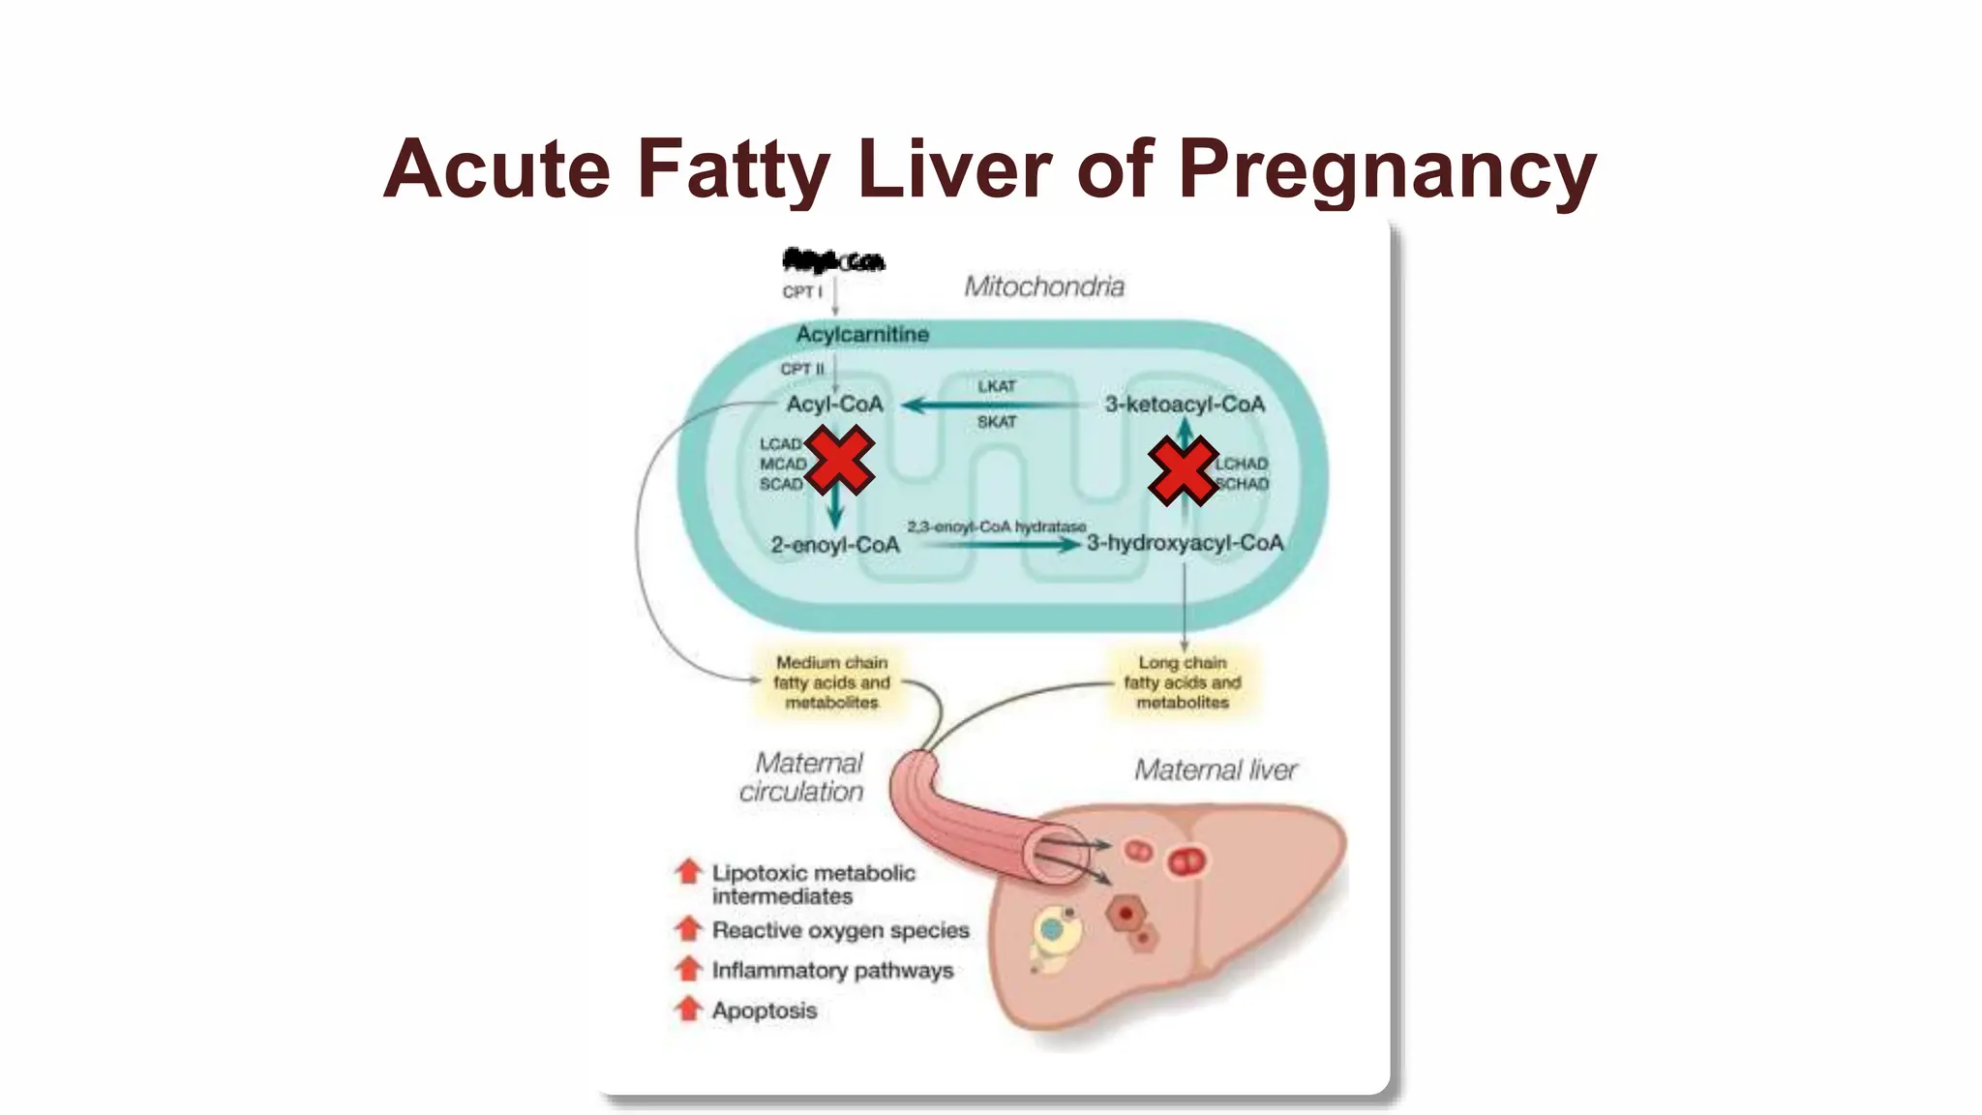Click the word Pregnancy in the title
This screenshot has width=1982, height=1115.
click(x=1386, y=170)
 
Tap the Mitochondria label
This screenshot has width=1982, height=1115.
click(x=1044, y=286)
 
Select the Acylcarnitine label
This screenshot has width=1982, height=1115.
click(x=862, y=335)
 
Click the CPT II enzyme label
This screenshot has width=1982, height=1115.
click(x=802, y=370)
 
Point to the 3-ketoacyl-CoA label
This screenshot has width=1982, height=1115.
click(x=1185, y=405)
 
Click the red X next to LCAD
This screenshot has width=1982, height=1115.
click(x=839, y=462)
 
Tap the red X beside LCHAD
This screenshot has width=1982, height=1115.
click(x=1182, y=470)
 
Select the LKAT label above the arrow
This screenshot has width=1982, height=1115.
click(x=996, y=386)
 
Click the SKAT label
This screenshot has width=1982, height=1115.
click(x=996, y=422)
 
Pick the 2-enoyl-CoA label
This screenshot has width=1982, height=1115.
click(x=835, y=545)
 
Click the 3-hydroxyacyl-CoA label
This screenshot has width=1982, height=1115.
click(x=1185, y=543)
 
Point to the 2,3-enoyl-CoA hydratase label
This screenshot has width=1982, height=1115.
click(x=996, y=527)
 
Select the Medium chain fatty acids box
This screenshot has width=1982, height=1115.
click(x=831, y=682)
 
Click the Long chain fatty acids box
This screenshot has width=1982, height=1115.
click(x=1182, y=682)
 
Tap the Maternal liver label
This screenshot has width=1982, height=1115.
click(x=1216, y=770)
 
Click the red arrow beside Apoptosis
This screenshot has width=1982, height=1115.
click(x=688, y=1009)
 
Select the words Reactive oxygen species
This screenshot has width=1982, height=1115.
click(x=840, y=930)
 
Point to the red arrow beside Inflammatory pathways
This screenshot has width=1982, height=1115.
click(x=688, y=968)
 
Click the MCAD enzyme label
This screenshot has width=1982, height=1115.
click(x=782, y=465)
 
